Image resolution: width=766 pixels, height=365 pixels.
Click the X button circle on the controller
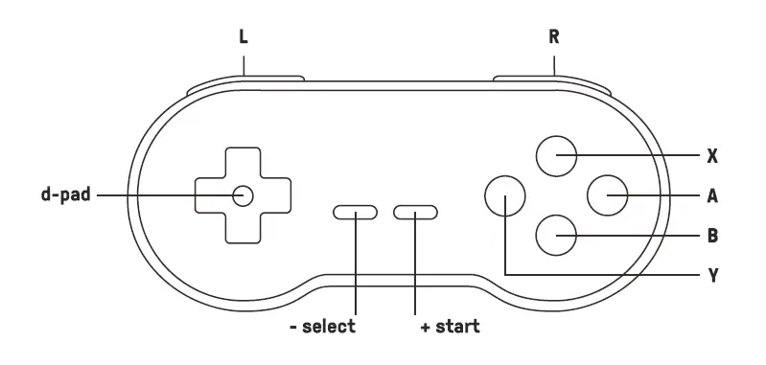[556, 155]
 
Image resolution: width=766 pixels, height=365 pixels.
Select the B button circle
[556, 235]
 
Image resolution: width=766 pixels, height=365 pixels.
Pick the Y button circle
[505, 195]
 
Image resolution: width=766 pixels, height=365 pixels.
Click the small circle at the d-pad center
[242, 195]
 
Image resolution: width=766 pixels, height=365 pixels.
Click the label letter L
[244, 38]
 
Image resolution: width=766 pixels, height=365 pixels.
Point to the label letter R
[554, 38]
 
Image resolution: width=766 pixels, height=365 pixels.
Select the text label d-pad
[65, 195]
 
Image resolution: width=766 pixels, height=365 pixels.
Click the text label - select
[323, 327]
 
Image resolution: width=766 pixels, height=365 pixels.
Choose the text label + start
[450, 327]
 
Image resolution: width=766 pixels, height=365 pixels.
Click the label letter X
[712, 155]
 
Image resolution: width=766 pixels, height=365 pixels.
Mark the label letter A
[712, 195]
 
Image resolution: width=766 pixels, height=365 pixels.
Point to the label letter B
[712, 235]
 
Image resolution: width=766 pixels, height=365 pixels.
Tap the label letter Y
[712, 276]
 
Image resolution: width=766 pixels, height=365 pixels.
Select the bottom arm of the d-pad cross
[242, 226]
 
